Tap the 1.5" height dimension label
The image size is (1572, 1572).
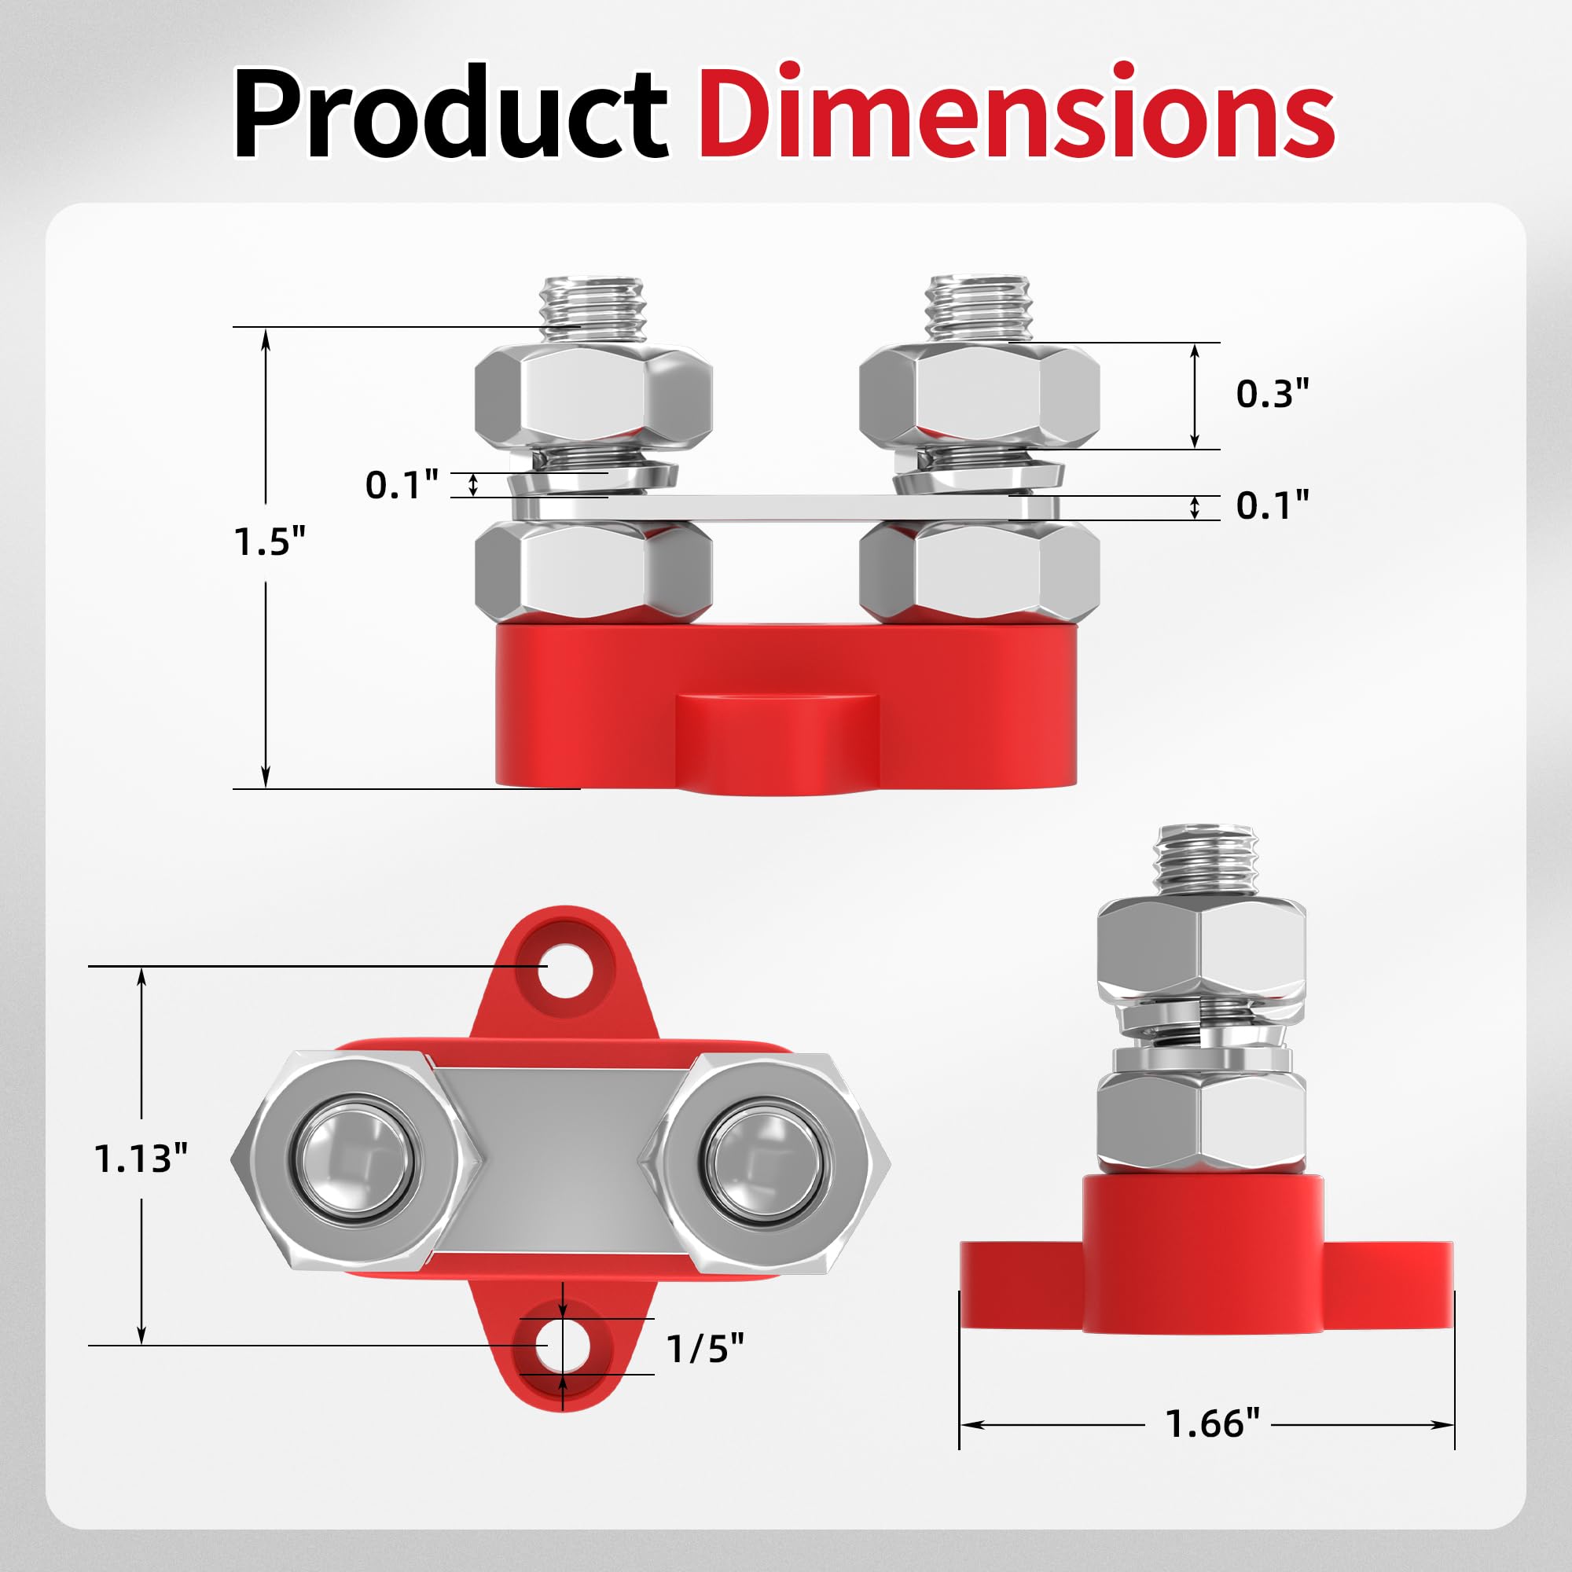(270, 541)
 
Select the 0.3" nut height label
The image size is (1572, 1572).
(1273, 394)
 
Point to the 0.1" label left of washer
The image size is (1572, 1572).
(401, 485)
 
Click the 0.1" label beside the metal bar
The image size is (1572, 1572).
(1273, 506)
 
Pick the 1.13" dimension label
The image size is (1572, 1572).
(141, 1159)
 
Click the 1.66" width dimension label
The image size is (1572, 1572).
(1211, 1424)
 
